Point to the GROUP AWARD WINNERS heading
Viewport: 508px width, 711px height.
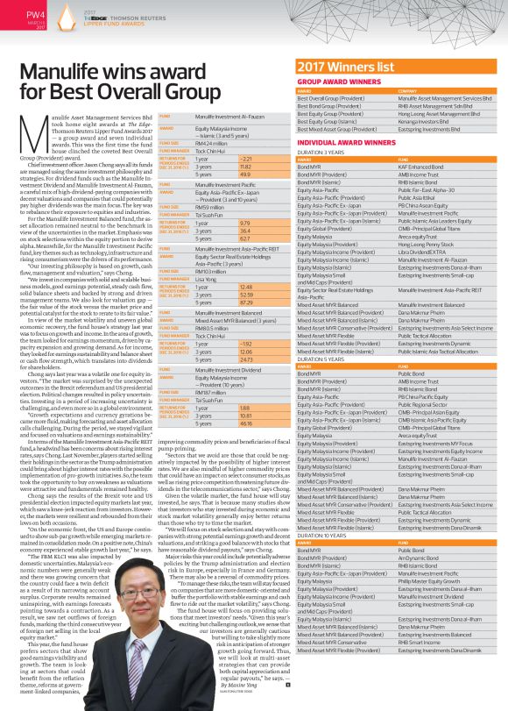coord(336,81)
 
